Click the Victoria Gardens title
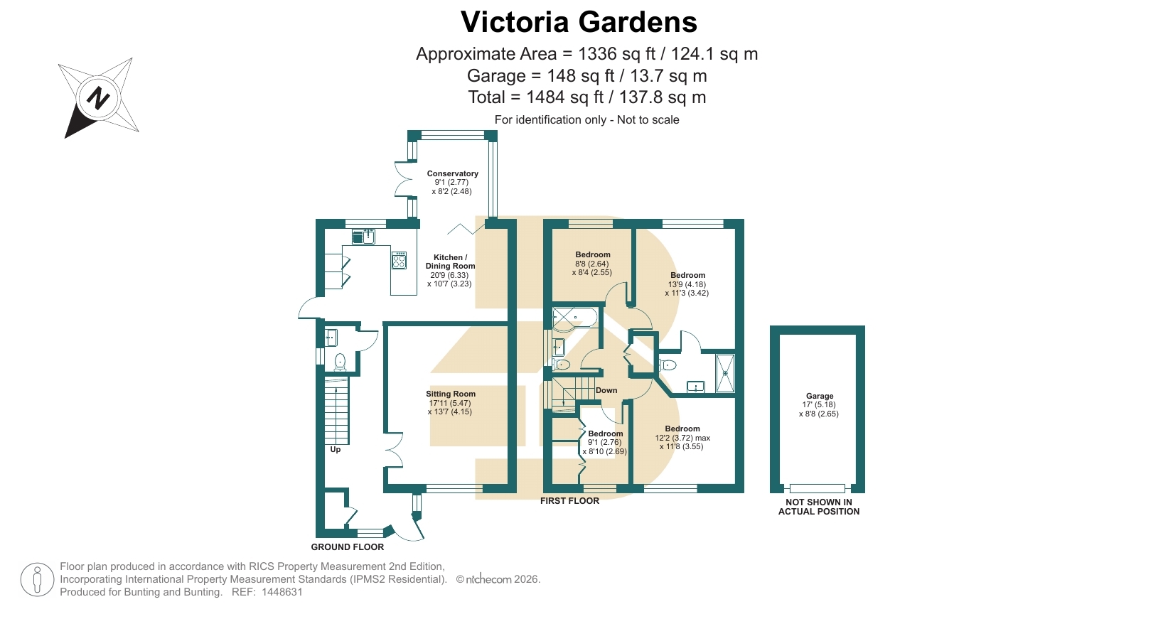[x=579, y=22]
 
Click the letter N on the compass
[x=98, y=97]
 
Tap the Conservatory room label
[x=452, y=173]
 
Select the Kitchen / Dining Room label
[x=450, y=262]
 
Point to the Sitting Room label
[x=451, y=394]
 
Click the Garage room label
[x=820, y=396]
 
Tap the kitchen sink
[x=363, y=237]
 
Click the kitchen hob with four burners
[x=400, y=260]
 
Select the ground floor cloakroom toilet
[x=340, y=362]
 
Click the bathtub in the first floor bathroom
[x=575, y=318]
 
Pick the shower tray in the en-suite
[x=725, y=372]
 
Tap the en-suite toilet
[x=668, y=365]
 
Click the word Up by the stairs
[x=336, y=449]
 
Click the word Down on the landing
[x=606, y=390]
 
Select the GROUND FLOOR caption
[x=348, y=547]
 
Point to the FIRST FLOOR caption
[x=569, y=501]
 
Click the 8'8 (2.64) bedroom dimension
[x=592, y=264]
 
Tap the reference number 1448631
[x=282, y=592]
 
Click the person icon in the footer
[x=38, y=580]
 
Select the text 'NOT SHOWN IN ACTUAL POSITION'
[x=819, y=507]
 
